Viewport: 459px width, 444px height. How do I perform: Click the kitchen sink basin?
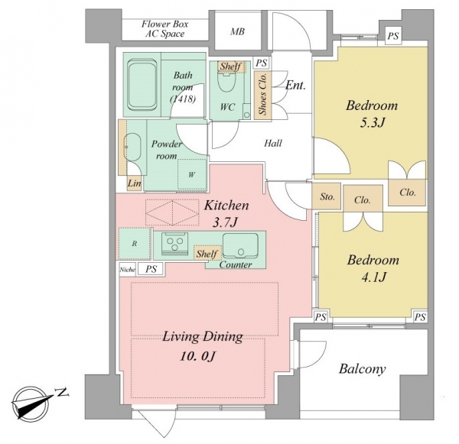coord(240,246)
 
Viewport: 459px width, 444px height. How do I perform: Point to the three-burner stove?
coord(174,243)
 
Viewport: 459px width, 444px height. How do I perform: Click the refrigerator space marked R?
coord(135,244)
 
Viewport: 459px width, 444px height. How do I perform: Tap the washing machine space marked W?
coord(192,174)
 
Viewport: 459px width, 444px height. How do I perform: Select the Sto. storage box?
coord(327,196)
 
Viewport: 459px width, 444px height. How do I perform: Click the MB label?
coord(237,31)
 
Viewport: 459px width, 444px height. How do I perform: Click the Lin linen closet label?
coord(135,183)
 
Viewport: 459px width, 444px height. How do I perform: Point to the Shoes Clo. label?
coord(262,94)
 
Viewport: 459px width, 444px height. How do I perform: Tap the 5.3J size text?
coord(372,123)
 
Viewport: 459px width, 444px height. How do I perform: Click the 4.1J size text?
coord(373,277)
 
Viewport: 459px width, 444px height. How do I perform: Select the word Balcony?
coord(362,369)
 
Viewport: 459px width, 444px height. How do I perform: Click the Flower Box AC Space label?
coord(164,29)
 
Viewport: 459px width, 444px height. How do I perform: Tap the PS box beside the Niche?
coord(151,269)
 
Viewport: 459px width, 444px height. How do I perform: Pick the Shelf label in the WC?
coord(231,66)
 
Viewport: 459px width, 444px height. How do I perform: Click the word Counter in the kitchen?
coord(236,264)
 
